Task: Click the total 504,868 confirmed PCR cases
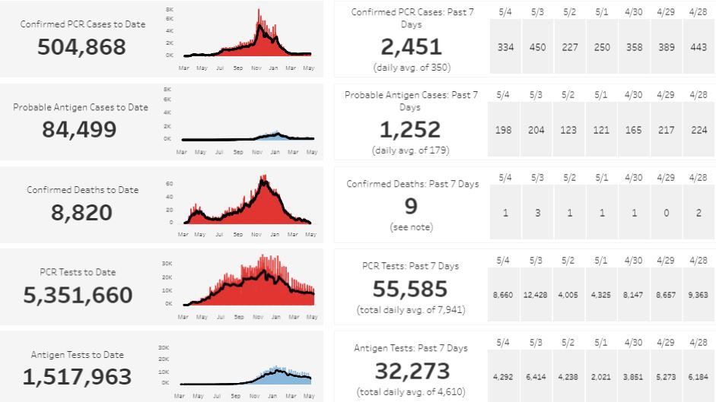point(81,47)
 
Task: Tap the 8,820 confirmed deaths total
point(81,212)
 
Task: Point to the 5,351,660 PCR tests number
point(78,295)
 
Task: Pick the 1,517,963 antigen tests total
point(77,377)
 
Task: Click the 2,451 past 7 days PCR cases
point(411,47)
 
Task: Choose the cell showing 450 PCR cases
point(537,47)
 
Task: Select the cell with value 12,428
point(537,294)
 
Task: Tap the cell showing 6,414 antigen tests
point(537,376)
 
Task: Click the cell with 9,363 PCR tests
point(698,294)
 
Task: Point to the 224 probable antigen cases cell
point(698,130)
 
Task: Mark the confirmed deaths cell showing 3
point(537,213)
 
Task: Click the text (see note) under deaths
point(411,227)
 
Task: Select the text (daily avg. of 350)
point(411,67)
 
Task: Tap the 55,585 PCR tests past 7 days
point(411,289)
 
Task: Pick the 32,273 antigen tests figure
point(411,372)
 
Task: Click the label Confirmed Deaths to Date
point(82,190)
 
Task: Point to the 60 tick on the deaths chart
point(170,183)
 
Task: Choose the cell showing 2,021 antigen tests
point(602,376)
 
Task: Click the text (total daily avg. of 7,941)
point(411,310)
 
